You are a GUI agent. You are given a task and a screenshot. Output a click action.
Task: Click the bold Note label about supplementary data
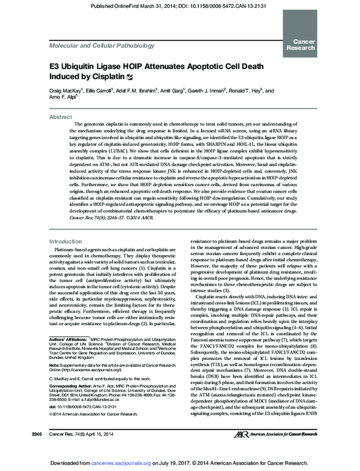pos(55,381)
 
